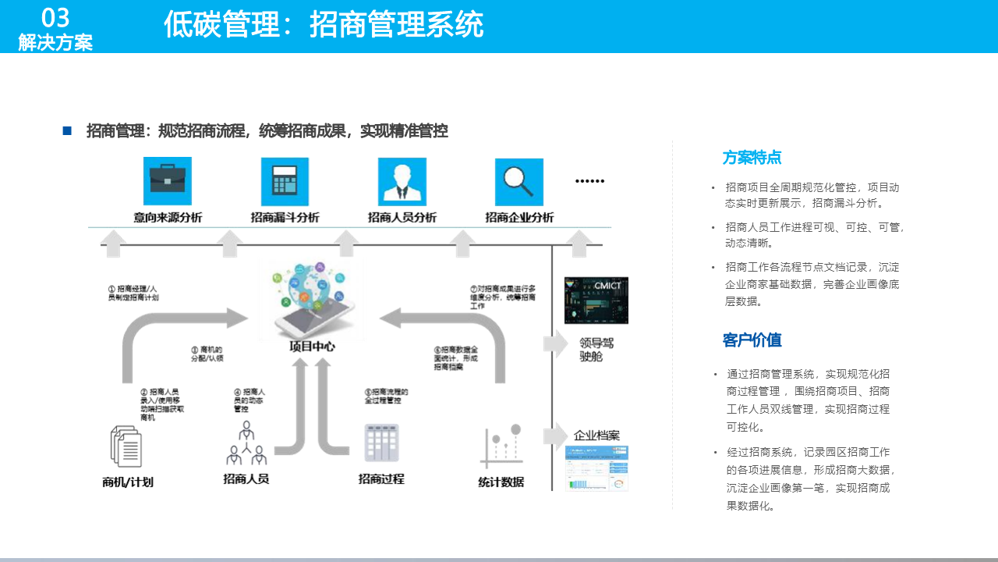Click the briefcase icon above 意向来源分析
pyautogui.click(x=168, y=181)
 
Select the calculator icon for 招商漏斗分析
pyautogui.click(x=285, y=181)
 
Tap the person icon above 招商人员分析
pyautogui.click(x=402, y=181)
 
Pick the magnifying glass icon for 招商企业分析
pyautogui.click(x=519, y=181)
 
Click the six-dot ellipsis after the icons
pyautogui.click(x=589, y=181)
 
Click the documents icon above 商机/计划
pyautogui.click(x=126, y=447)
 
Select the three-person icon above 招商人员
pyautogui.click(x=246, y=444)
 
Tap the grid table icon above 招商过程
pyautogui.click(x=381, y=443)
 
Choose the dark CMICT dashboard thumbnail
pyautogui.click(x=596, y=300)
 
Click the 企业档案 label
pyautogui.click(x=597, y=435)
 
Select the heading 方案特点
pyautogui.click(x=752, y=158)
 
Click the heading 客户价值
pyautogui.click(x=752, y=340)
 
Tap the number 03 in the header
pyautogui.click(x=55, y=17)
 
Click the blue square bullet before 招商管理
pyautogui.click(x=67, y=131)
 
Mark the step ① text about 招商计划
pyautogui.click(x=133, y=293)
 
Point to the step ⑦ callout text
pyautogui.click(x=503, y=297)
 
